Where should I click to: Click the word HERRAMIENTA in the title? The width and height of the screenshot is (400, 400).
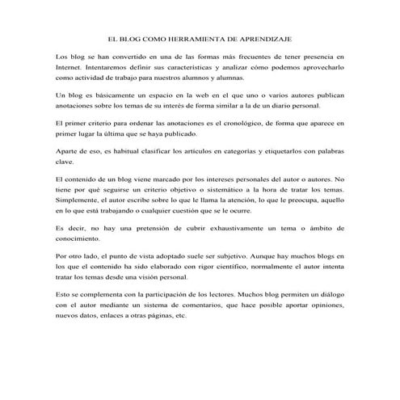click(x=185, y=38)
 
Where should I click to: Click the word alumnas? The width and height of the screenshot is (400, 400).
click(x=251, y=81)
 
